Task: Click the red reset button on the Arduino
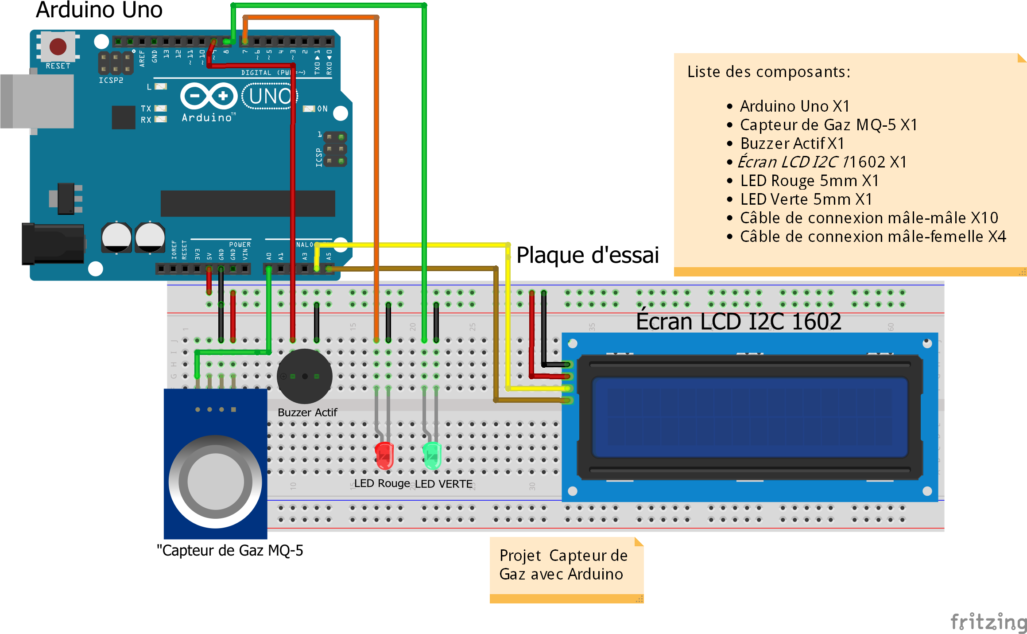pyautogui.click(x=58, y=46)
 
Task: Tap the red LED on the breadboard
pyautogui.click(x=384, y=455)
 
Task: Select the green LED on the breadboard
pyautogui.click(x=432, y=455)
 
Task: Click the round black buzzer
pyautogui.click(x=305, y=376)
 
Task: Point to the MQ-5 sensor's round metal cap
pyautogui.click(x=216, y=481)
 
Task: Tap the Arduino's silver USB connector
pyautogui.click(x=37, y=101)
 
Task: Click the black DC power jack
pyautogui.click(x=53, y=244)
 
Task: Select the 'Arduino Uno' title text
pyautogui.click(x=99, y=10)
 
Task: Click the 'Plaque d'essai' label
pyautogui.click(x=587, y=255)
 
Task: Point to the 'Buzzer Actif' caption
pyautogui.click(x=307, y=412)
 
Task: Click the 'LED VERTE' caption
pyautogui.click(x=444, y=484)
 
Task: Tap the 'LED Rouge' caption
pyautogui.click(x=382, y=483)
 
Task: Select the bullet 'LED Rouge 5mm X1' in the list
pyautogui.click(x=809, y=181)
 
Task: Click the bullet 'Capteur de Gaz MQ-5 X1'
pyautogui.click(x=828, y=125)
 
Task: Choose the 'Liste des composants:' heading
pyautogui.click(x=769, y=72)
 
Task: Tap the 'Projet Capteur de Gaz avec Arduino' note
pyautogui.click(x=563, y=565)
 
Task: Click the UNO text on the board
pyautogui.click(x=270, y=96)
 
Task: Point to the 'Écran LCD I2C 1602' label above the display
pyautogui.click(x=738, y=321)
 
